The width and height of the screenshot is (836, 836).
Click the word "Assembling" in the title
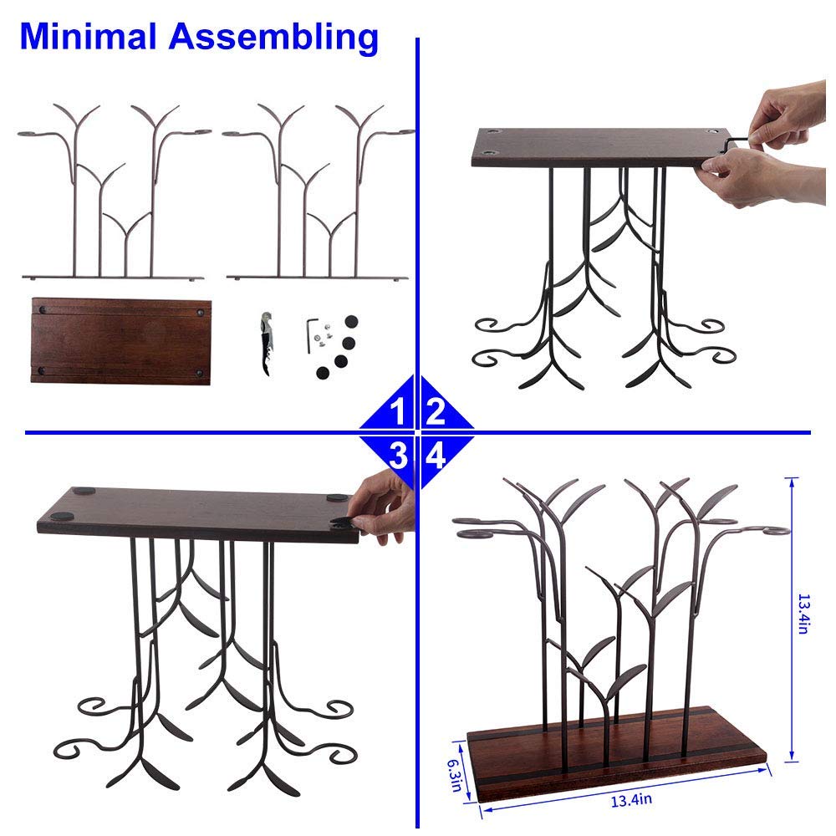(x=274, y=38)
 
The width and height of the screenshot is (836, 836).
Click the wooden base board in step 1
(x=121, y=341)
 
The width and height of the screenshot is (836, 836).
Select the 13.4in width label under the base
(x=631, y=800)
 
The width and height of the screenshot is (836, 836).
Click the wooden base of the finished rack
(x=617, y=752)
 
